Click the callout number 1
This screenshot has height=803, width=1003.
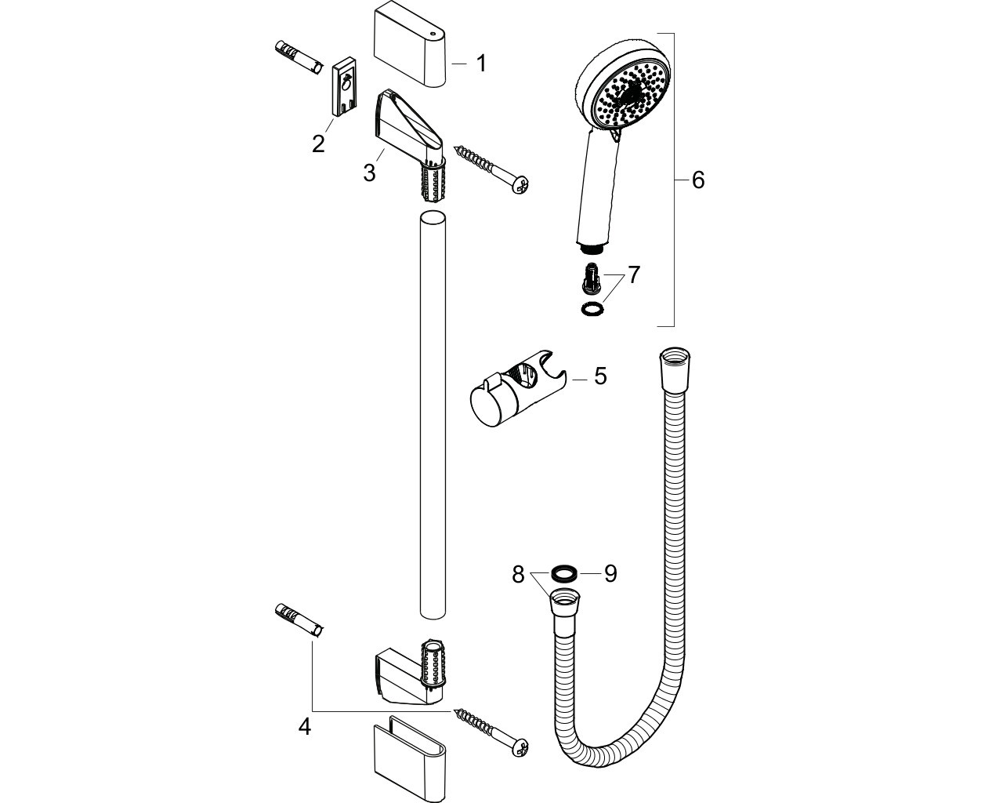pos(481,64)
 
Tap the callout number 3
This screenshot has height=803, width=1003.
pos(370,173)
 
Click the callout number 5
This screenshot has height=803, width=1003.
pos(600,376)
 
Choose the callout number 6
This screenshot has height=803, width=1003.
pos(697,180)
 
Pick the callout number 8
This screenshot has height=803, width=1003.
pos(518,575)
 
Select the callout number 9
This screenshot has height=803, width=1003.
pos(610,573)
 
